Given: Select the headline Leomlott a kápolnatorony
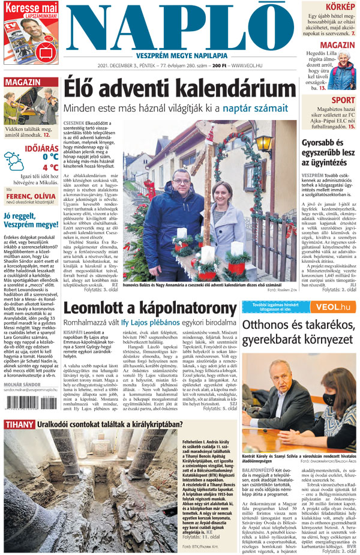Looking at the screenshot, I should (x=150, y=309).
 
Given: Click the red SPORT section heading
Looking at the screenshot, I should (x=343, y=100).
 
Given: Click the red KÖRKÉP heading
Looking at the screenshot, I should (x=340, y=7).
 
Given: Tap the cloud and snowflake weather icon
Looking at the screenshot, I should (x=14, y=162).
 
